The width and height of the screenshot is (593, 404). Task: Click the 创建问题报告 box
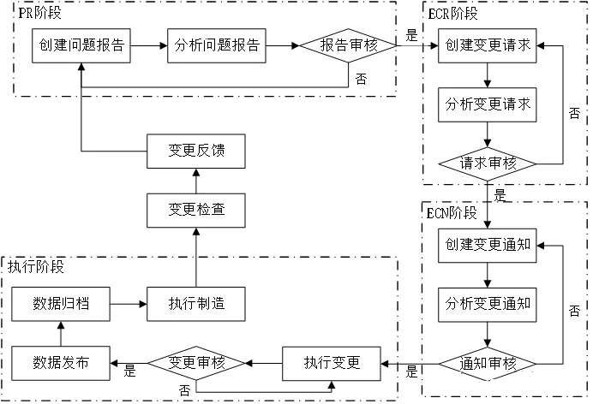click(x=82, y=45)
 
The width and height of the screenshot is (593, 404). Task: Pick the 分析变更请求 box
click(x=488, y=104)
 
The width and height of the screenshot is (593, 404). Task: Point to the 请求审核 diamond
click(x=488, y=162)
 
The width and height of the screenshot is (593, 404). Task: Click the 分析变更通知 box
click(x=487, y=304)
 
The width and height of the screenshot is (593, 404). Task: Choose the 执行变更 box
click(x=332, y=363)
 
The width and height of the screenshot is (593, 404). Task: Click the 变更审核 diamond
click(x=196, y=363)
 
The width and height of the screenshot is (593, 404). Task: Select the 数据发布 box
click(x=60, y=363)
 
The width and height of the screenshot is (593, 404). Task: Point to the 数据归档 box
click(x=60, y=303)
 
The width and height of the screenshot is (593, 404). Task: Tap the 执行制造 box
click(x=196, y=303)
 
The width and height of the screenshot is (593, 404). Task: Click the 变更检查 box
click(x=196, y=208)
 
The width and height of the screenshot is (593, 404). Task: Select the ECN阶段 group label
click(x=452, y=213)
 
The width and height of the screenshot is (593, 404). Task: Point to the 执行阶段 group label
click(x=36, y=266)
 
